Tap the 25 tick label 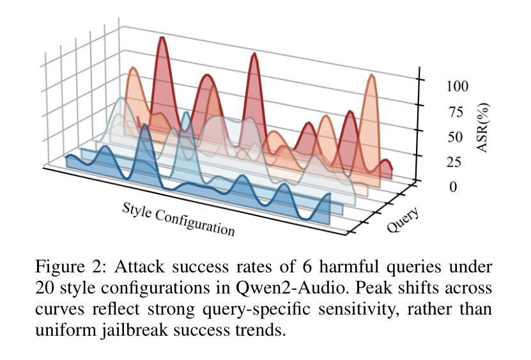tap(453, 162)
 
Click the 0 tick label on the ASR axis tap(452, 187)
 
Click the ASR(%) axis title tap(483, 127)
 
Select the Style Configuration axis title tap(178, 219)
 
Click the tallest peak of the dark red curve tap(162, 39)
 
